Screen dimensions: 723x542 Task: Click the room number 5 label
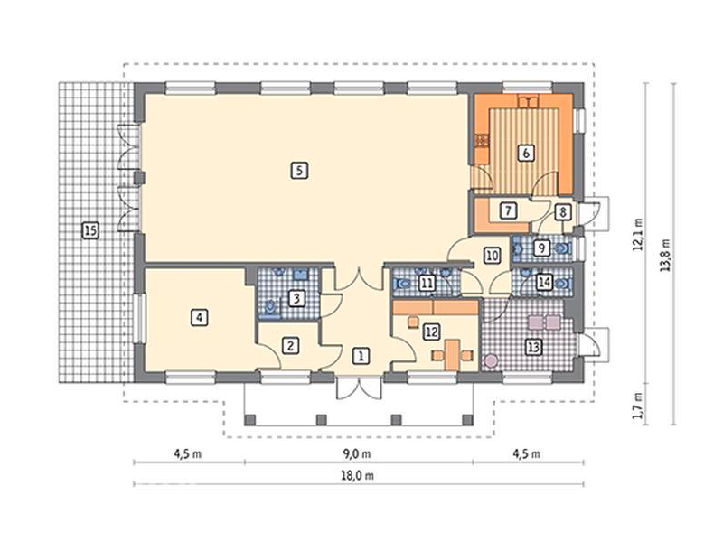point(299,171)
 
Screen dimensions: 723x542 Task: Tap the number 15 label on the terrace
point(89,230)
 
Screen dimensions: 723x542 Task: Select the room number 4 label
point(199,318)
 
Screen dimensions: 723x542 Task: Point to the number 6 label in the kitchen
point(526,153)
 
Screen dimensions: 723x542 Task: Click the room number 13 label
point(533,347)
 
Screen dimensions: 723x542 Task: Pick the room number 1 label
point(361,356)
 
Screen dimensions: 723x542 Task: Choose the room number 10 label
point(493,256)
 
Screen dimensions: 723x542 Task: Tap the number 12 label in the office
point(432,332)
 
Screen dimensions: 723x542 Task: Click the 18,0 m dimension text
point(358,476)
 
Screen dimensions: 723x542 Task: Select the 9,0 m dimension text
point(358,454)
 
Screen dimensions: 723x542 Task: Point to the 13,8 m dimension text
point(665,255)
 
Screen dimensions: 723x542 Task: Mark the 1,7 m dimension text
point(638,406)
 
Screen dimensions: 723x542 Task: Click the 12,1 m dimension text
point(638,234)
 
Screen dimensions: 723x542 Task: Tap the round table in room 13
point(492,360)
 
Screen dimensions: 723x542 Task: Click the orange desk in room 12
point(454,355)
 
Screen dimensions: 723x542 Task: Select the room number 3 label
point(296,298)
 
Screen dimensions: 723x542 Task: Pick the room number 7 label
point(508,210)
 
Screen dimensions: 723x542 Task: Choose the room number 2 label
point(290,345)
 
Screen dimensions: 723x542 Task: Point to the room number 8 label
point(562,212)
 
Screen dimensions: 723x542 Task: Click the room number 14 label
point(545,282)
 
